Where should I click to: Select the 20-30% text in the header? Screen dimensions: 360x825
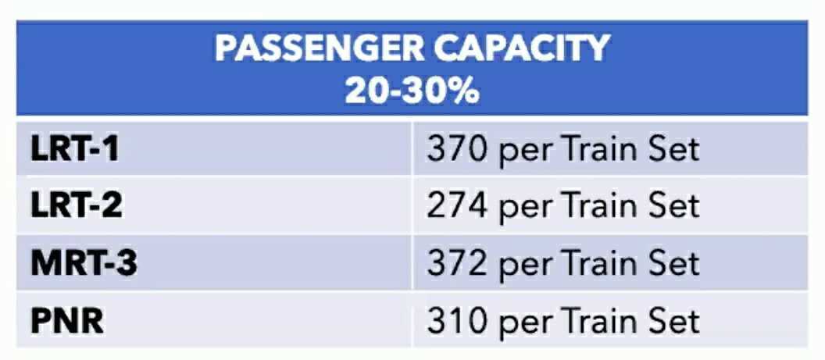click(x=412, y=91)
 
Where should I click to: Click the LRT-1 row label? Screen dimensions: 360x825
click(x=75, y=148)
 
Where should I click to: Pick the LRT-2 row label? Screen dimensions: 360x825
click(x=77, y=205)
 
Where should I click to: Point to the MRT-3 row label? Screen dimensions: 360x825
click(x=84, y=263)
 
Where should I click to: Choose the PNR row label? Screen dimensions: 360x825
click(x=66, y=320)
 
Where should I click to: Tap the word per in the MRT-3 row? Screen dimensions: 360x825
click(x=524, y=266)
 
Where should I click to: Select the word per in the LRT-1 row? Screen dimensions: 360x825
click(x=524, y=151)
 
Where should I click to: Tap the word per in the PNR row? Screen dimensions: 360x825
click(x=524, y=323)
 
